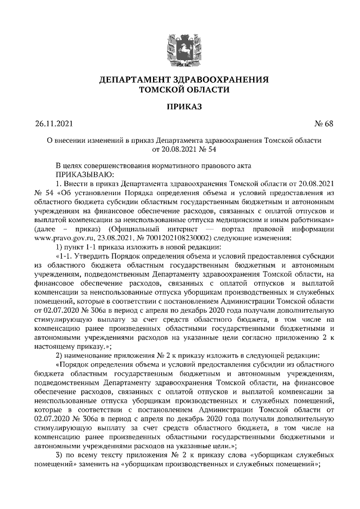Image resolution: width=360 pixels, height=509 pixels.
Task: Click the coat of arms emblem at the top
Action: click(179, 45)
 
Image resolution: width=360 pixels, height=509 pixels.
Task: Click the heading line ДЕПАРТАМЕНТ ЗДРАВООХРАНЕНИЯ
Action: click(180, 80)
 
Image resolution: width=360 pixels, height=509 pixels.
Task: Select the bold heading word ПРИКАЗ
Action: click(179, 106)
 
